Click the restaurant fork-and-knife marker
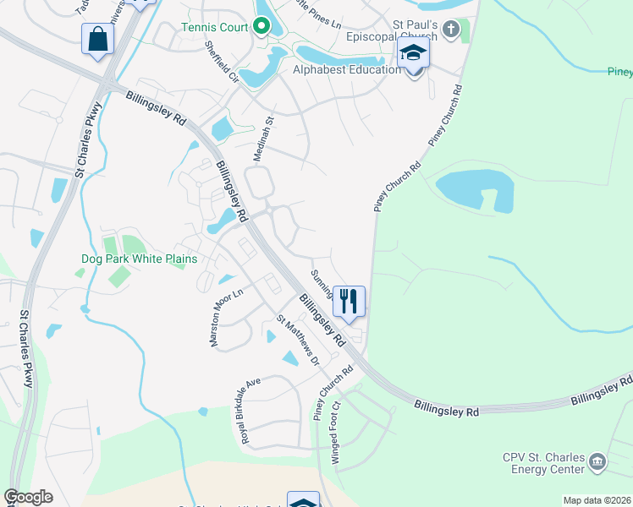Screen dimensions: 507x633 click(x=349, y=301)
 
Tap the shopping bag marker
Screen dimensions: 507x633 click(x=98, y=39)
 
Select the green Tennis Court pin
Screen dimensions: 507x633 click(x=261, y=27)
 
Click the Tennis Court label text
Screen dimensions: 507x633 click(x=215, y=27)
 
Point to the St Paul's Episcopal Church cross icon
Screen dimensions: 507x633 click(x=451, y=30)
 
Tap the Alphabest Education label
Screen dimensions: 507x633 click(x=347, y=69)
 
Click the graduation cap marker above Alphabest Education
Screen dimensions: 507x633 click(x=414, y=55)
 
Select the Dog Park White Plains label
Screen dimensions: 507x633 click(x=139, y=259)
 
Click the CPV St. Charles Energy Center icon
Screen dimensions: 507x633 click(x=597, y=461)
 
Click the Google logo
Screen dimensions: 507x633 click(x=28, y=497)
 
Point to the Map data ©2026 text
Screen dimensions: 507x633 click(x=596, y=500)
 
